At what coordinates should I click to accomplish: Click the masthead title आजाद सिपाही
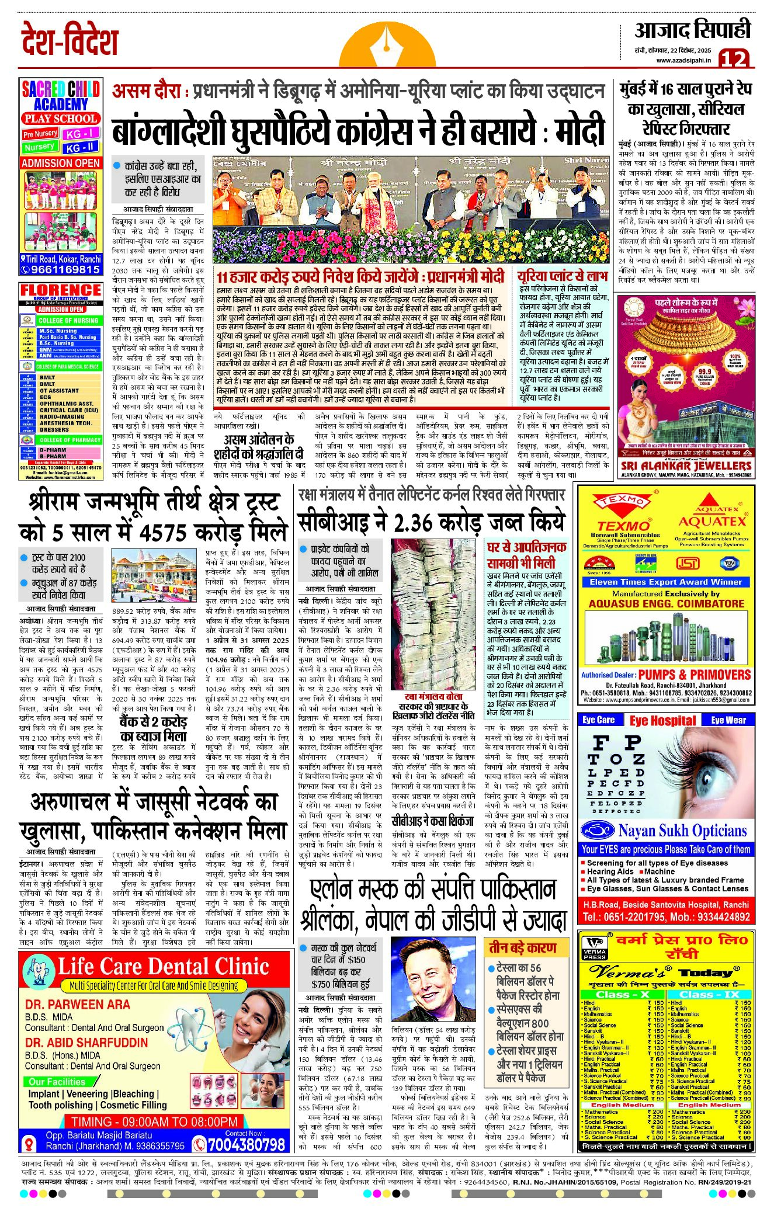point(692,30)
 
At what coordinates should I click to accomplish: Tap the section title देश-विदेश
point(70,41)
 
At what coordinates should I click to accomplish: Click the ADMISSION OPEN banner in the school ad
point(61,163)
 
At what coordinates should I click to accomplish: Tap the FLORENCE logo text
point(61,290)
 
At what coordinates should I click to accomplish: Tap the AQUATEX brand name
point(712,521)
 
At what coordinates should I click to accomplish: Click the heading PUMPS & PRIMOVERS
point(695,675)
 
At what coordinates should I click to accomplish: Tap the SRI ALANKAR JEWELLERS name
point(686,466)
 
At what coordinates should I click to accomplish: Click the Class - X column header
point(622,995)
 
